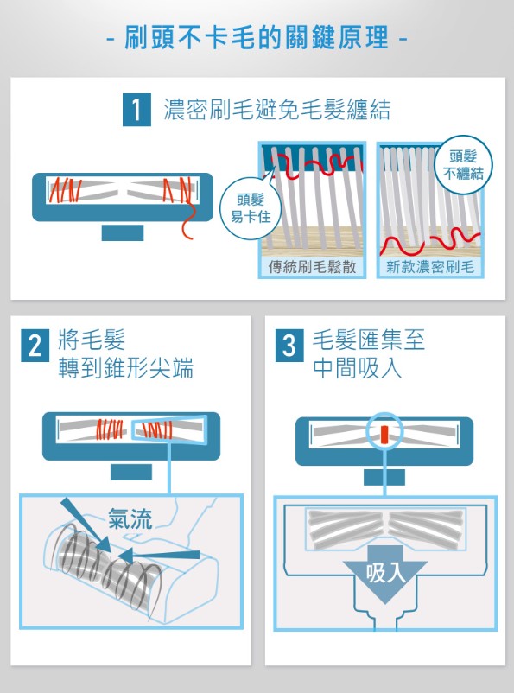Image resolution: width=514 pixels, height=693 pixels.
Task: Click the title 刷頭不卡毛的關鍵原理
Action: click(x=257, y=37)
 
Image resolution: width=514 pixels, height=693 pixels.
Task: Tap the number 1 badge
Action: click(x=136, y=110)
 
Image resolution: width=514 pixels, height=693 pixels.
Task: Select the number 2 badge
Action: click(x=35, y=346)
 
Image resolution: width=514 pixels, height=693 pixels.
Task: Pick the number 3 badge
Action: click(x=289, y=346)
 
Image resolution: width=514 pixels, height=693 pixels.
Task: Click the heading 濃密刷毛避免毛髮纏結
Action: click(x=277, y=110)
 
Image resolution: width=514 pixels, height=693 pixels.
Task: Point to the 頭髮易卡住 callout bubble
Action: click(x=251, y=208)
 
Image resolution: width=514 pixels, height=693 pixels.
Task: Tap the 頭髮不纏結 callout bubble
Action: click(x=463, y=165)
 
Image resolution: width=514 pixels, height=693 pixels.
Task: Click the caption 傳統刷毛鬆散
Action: click(x=312, y=267)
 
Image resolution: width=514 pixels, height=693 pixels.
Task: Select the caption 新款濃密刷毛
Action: click(x=430, y=267)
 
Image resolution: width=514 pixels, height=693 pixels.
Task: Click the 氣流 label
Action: click(x=130, y=518)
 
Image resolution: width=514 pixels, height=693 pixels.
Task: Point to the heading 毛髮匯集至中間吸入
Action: click(x=369, y=353)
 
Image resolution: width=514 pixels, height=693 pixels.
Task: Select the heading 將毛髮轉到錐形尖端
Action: click(x=125, y=353)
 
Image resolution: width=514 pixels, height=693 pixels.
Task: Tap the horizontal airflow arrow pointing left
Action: click(x=159, y=555)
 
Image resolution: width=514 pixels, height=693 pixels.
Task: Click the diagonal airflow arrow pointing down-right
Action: click(x=86, y=525)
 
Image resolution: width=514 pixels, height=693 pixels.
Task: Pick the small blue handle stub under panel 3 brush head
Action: click(x=384, y=477)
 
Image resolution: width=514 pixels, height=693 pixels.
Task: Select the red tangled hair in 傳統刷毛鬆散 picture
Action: click(x=317, y=166)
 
